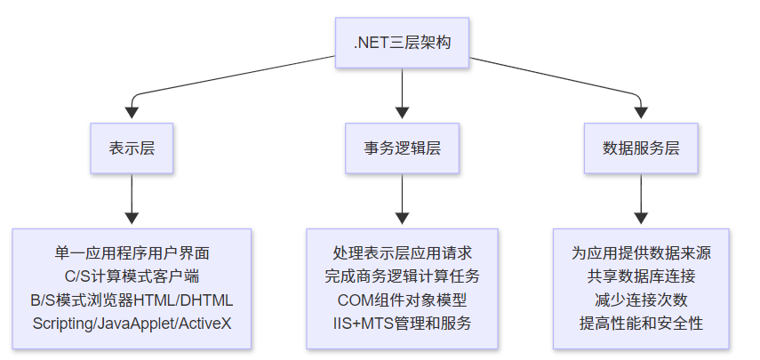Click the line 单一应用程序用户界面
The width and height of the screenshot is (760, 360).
[x=132, y=253]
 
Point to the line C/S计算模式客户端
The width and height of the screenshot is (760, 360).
[x=132, y=276]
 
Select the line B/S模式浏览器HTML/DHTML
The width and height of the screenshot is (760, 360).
[x=132, y=300]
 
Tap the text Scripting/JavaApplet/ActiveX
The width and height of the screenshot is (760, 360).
[x=132, y=323]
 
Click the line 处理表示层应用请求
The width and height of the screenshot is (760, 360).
[x=403, y=253]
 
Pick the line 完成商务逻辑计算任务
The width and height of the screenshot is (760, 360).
[x=403, y=276]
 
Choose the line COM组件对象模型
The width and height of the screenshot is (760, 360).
[x=403, y=300]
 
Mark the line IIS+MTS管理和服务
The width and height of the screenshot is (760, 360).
[x=403, y=323]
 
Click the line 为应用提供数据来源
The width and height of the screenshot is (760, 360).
[x=640, y=253]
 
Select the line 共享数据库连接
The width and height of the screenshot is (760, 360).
[x=640, y=276]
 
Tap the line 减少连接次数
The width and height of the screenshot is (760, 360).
[x=640, y=300]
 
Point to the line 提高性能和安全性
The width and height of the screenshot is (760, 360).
[x=640, y=323]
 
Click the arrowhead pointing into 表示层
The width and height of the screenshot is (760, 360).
[x=132, y=113]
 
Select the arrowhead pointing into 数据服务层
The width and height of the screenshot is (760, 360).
[x=640, y=113]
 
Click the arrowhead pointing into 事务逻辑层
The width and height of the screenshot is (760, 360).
[x=403, y=113]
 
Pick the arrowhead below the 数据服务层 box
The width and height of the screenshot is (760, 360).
[x=640, y=218]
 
